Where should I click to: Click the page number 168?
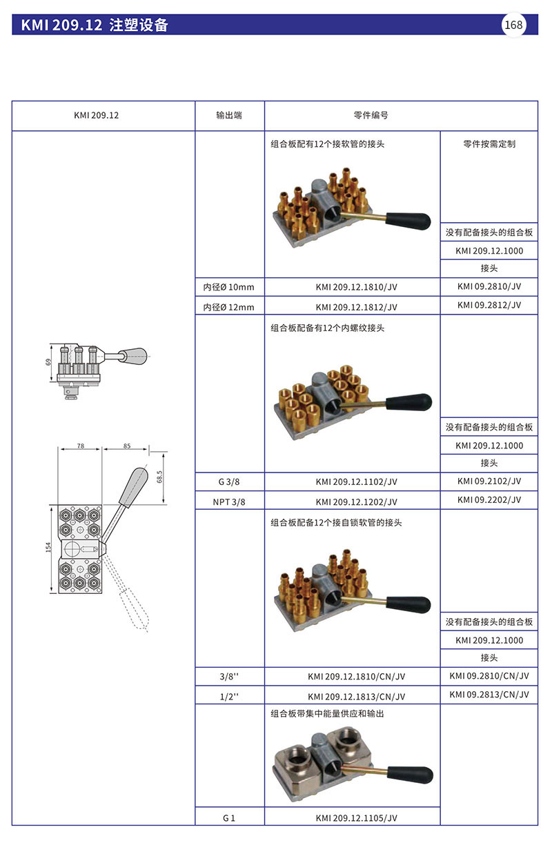514,25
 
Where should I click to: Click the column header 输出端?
229,115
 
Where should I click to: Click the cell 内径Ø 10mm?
228,288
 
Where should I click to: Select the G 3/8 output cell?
229,482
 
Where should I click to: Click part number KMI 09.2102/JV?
489,481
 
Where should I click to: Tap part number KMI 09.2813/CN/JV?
489,694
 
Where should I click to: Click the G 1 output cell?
229,818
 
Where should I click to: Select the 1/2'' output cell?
229,696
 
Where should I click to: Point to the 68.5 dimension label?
159,477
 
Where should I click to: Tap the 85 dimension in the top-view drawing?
127,446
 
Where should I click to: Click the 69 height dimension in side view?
49,361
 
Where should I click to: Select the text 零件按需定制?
489,144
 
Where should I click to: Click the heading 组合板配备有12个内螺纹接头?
328,328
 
